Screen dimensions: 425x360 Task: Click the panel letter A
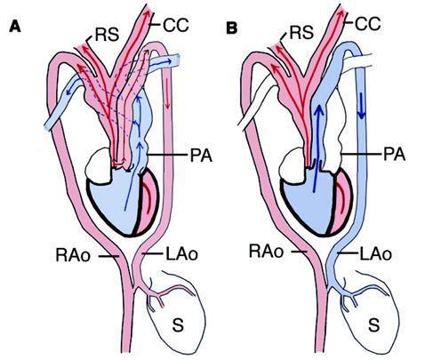pos(15,27)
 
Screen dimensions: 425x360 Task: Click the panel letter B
pos(232,28)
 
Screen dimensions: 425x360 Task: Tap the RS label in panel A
pos(107,34)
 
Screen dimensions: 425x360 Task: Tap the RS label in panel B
pos(301,32)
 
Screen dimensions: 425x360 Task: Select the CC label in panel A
pos(176,25)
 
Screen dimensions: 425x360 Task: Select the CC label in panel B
pos(367,24)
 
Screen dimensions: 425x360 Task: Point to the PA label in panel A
pos(201,155)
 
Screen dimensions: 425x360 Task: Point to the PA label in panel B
pos(394,154)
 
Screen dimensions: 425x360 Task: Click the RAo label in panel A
pos(73,255)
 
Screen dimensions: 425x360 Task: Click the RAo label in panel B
pos(266,251)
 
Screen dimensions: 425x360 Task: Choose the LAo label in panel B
pos(375,254)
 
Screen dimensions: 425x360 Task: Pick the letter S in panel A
pos(178,324)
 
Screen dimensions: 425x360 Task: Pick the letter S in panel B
pos(374,324)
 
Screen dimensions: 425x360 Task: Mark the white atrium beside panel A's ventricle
pos(98,164)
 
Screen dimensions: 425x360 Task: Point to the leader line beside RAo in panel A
pos(108,256)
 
